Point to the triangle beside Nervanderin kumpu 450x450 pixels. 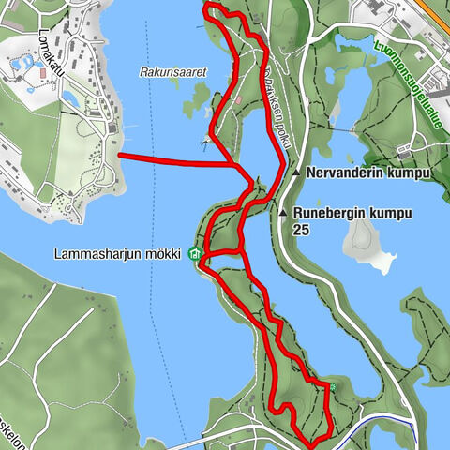click(296, 173)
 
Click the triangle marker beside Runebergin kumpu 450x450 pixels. click(283, 214)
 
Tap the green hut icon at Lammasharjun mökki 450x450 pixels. click(195, 253)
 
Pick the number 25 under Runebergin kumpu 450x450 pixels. click(301, 229)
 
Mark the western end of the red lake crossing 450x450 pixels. click(120, 155)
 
